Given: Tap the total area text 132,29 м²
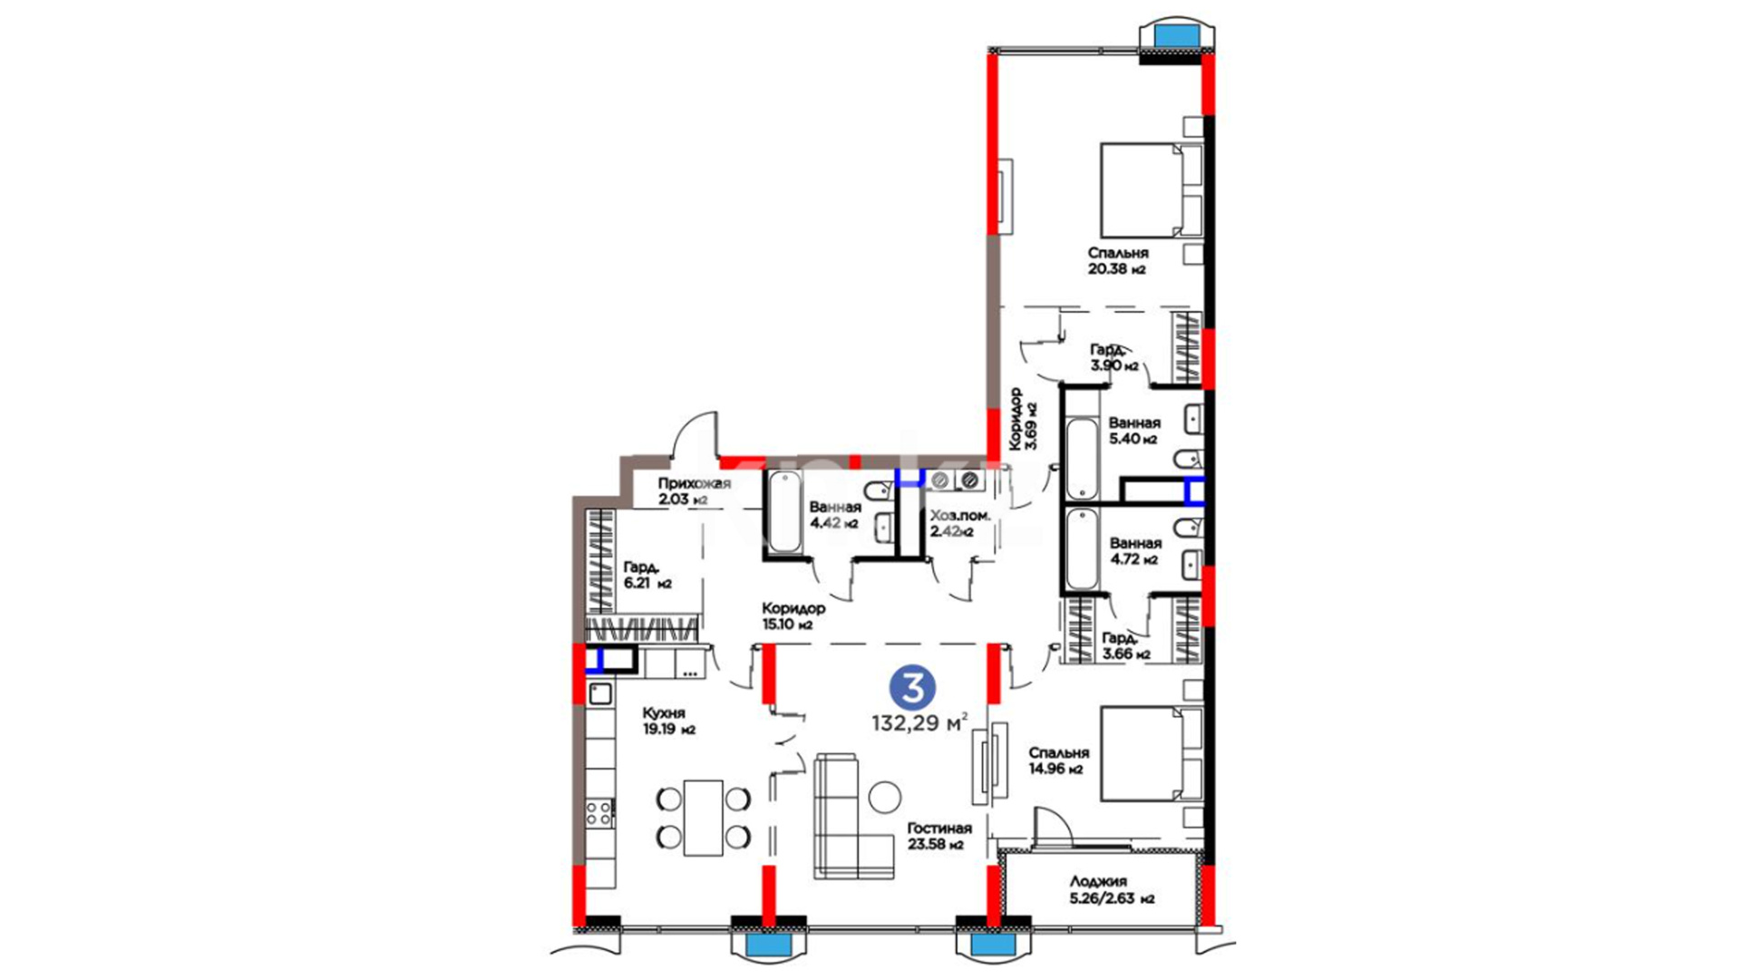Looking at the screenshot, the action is pyautogui.click(x=919, y=723).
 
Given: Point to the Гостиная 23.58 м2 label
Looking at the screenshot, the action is pyautogui.click(x=939, y=836).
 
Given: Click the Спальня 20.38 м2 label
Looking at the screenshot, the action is pyautogui.click(x=1118, y=261).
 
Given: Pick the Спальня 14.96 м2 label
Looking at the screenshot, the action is pyautogui.click(x=1058, y=761).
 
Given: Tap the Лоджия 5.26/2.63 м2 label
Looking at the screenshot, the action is pyautogui.click(x=1111, y=889).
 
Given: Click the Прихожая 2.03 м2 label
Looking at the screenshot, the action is pyautogui.click(x=694, y=490).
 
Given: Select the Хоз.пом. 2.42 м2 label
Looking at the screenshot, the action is pyautogui.click(x=959, y=523).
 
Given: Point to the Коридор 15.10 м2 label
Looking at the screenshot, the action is pyautogui.click(x=793, y=616).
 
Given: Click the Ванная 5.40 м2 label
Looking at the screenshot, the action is pyautogui.click(x=1133, y=431).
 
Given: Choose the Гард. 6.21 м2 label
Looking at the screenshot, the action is pyautogui.click(x=647, y=576).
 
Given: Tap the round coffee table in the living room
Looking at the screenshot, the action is pyautogui.click(x=885, y=798).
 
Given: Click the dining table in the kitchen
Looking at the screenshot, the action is pyautogui.click(x=703, y=818).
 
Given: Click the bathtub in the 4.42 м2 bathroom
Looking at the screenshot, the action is pyautogui.click(x=784, y=512).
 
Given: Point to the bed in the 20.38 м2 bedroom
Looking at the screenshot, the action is pyautogui.click(x=1150, y=189).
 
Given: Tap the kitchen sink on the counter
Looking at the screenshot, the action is pyautogui.click(x=599, y=695).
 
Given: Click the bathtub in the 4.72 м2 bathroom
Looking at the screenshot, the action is pyautogui.click(x=1082, y=549).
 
